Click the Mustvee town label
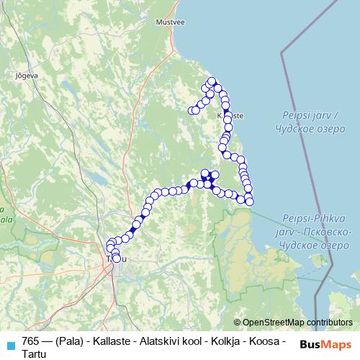click(x=170, y=22)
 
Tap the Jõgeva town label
click(x=27, y=74)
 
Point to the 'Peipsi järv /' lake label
click(x=306, y=115)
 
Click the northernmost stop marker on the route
click(x=212, y=81)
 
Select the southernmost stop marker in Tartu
click(x=116, y=258)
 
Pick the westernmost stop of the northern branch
click(x=192, y=111)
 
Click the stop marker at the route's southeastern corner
click(x=250, y=202)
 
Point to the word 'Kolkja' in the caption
click(x=228, y=340)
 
